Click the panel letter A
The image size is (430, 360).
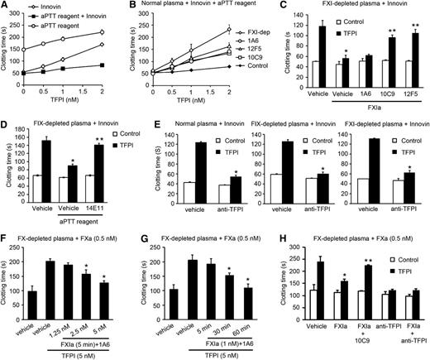(x=5, y=6)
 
